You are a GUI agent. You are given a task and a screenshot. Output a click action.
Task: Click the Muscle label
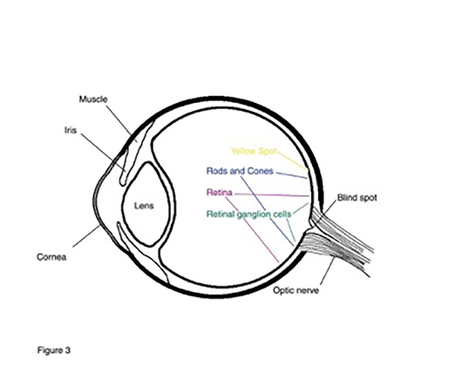94,99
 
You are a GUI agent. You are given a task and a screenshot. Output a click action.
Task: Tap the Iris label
70,131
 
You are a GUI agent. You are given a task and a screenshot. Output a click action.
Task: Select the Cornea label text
52,255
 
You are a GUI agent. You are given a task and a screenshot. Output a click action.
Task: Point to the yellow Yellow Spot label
253,151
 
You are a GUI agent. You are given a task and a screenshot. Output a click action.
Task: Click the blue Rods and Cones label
239,171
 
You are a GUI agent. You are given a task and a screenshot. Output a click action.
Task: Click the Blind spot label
357,198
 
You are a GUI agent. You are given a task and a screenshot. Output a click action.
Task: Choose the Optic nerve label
296,289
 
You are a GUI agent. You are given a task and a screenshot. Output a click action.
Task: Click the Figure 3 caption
54,350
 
